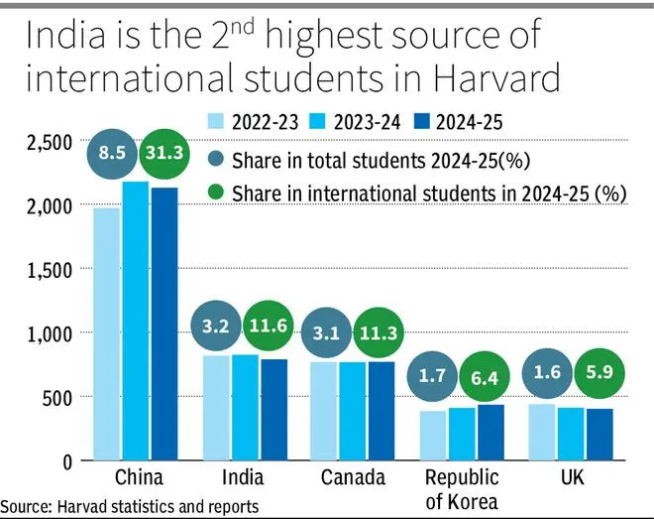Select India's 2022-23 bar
[216, 408]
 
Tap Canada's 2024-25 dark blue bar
[381, 411]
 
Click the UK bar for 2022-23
[542, 432]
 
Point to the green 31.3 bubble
[164, 155]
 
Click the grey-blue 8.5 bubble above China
[112, 155]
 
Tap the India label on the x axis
[243, 477]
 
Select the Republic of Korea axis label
[462, 488]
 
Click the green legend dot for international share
[214, 193]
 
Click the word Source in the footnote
[27, 506]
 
